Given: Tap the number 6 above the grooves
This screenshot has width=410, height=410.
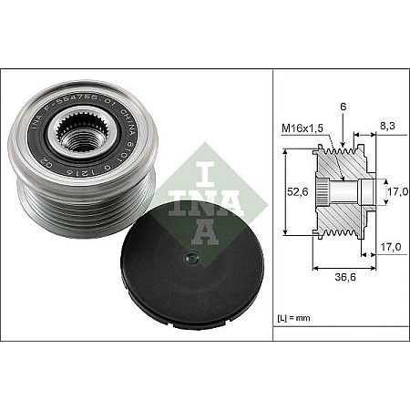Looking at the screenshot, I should coord(343,107).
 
